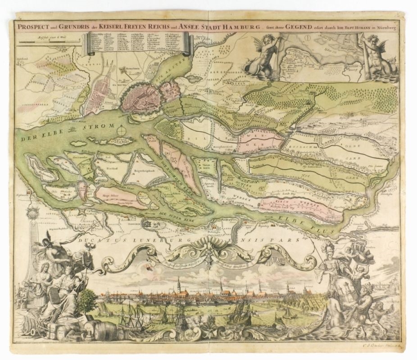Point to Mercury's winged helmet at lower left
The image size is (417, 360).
click(x=47, y=243)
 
